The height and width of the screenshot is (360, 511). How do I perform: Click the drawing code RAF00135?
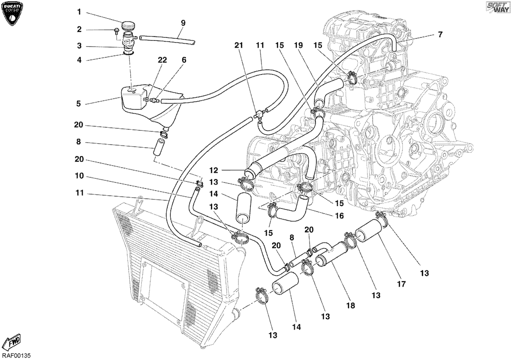click(16, 355)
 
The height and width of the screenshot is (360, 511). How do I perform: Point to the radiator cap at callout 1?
click(128, 26)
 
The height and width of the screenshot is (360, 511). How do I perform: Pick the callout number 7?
click(440, 34)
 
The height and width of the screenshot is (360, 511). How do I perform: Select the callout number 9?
click(183, 23)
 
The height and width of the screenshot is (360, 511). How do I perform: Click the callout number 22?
click(162, 60)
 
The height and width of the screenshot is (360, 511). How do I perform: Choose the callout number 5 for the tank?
click(78, 104)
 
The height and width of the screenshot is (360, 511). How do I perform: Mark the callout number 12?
click(213, 170)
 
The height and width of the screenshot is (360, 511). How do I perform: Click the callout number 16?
click(339, 215)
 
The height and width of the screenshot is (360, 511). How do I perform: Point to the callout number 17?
click(402, 284)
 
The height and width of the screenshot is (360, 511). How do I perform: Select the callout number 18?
click(351, 305)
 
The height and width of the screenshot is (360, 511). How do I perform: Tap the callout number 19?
click(298, 46)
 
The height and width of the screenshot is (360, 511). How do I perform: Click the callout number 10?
click(79, 176)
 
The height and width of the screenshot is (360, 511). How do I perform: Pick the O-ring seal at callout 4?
click(128, 54)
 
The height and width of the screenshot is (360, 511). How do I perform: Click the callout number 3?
click(79, 46)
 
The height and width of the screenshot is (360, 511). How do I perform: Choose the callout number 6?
click(184, 60)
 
